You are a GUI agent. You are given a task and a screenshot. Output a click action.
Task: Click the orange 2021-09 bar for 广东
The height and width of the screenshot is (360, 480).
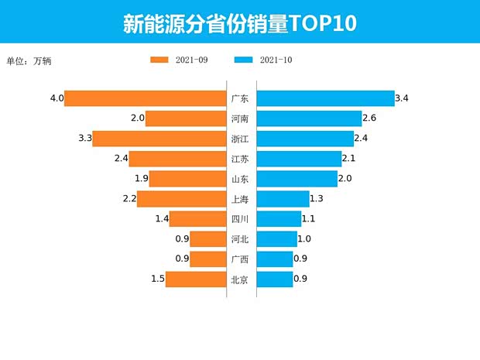(x=145, y=98)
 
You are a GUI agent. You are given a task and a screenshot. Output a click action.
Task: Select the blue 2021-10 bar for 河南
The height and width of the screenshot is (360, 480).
(x=309, y=118)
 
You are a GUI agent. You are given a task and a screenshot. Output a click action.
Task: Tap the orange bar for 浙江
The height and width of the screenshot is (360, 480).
(x=159, y=139)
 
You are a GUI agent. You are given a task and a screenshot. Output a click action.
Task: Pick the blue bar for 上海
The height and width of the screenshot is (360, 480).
(x=283, y=199)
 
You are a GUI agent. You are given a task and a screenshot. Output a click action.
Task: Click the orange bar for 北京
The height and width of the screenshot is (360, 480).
(x=195, y=279)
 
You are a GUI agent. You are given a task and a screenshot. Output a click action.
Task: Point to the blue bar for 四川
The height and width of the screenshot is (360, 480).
(x=279, y=219)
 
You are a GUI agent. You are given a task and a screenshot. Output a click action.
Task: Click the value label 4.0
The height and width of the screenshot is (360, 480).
(x=56, y=98)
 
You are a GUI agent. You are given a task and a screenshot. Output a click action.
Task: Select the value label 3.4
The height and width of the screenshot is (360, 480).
(x=402, y=98)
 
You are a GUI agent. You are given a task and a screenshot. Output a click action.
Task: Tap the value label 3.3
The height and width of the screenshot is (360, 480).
(x=85, y=139)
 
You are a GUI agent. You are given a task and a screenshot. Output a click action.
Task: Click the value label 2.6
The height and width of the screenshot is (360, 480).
(x=369, y=118)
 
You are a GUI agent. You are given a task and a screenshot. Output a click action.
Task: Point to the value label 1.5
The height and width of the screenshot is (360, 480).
(x=157, y=279)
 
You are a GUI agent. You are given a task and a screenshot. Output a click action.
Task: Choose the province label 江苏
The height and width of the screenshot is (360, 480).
(x=240, y=159)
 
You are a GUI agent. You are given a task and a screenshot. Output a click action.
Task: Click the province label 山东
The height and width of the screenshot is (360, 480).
(x=240, y=179)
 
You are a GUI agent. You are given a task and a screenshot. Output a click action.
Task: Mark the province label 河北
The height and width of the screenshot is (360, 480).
(x=240, y=239)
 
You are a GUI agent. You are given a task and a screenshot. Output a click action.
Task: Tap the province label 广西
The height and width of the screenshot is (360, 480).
(x=240, y=259)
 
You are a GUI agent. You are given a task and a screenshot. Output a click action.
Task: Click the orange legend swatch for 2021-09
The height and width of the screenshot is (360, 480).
(x=159, y=60)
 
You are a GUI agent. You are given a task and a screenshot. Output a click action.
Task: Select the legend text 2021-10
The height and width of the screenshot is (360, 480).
(x=276, y=60)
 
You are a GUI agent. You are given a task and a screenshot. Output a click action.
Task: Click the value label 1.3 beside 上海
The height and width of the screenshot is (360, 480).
(x=317, y=199)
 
